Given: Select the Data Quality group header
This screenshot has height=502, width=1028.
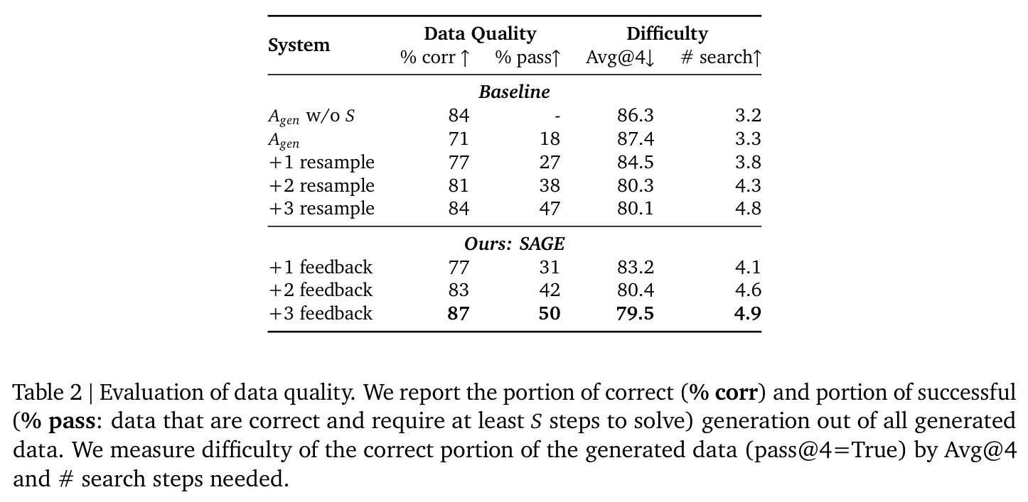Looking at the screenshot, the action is (x=480, y=34).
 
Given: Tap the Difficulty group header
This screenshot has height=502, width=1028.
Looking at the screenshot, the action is (x=668, y=34).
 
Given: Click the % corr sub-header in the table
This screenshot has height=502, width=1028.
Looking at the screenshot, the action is (x=434, y=58).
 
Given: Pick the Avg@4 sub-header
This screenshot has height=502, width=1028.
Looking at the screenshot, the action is (x=620, y=58).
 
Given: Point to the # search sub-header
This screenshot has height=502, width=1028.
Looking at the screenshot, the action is (x=721, y=58).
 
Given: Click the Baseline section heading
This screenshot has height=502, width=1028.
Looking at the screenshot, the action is (x=514, y=92).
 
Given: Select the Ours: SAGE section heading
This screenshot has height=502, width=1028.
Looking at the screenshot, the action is (x=514, y=244).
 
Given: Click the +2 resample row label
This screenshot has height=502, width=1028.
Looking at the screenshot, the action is (x=322, y=185).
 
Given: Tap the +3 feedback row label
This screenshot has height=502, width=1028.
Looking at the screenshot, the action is (x=321, y=314).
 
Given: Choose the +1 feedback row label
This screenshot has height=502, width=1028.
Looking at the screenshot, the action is (x=321, y=267).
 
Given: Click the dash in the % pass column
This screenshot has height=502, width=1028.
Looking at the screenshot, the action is (x=557, y=117).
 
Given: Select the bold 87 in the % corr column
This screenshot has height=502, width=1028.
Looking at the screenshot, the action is (x=459, y=314).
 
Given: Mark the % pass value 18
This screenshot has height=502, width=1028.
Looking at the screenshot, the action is (x=550, y=139).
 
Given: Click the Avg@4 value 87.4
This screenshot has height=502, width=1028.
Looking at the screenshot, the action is (x=635, y=139).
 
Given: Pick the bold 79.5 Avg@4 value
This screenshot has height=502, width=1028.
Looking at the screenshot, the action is (x=635, y=314).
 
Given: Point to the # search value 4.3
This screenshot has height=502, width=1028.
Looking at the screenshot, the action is (x=748, y=185).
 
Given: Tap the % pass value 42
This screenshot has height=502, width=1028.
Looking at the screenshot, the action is (x=550, y=290).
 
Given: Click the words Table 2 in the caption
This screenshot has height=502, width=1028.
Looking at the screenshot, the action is (x=47, y=393).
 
